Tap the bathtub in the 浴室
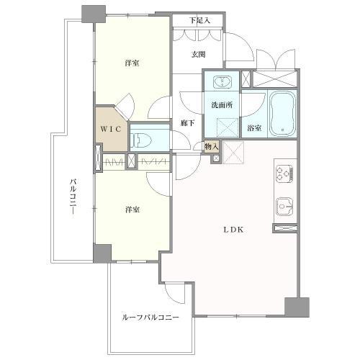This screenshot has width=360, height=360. point(282,114)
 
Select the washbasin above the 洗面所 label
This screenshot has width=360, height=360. point(222,81)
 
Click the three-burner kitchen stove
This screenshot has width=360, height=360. point(284,173)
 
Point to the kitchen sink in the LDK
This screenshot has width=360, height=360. point(284,206)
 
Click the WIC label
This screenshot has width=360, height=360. point(111,130)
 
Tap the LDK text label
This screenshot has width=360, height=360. point(233,230)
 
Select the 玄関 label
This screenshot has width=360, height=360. point(199,55)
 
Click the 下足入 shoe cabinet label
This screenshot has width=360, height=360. point(199,20)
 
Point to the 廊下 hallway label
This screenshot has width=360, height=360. point(188,123)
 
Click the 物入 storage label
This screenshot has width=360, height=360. point(212,147)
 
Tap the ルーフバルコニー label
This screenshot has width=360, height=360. point(150,318)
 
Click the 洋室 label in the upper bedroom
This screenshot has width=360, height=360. point(132,63)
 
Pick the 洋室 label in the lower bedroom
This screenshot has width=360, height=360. point(132,210)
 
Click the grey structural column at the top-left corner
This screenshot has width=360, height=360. point(94,14)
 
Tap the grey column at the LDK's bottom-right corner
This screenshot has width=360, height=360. point(297,307)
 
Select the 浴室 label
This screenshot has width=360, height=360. point(254,128)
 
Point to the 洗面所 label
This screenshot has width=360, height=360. point(222,105)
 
